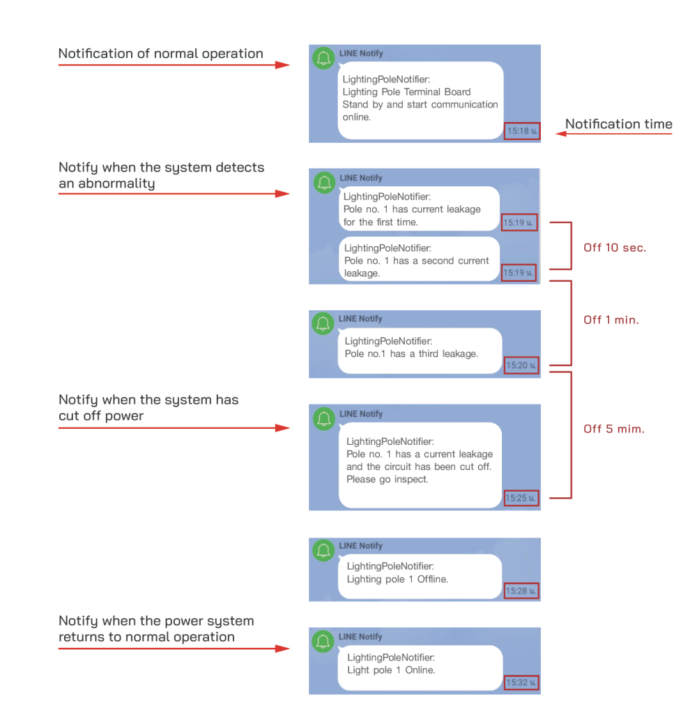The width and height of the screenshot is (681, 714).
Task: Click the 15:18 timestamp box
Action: click(x=522, y=131)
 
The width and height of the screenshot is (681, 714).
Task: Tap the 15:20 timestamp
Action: click(x=521, y=365)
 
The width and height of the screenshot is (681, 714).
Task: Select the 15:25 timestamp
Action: click(x=521, y=498)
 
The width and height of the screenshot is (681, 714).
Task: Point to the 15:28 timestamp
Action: click(x=521, y=591)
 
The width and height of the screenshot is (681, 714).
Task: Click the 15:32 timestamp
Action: click(x=521, y=682)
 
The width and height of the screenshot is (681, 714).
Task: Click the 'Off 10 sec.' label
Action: click(x=615, y=248)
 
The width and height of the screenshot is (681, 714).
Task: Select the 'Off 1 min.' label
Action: click(x=611, y=319)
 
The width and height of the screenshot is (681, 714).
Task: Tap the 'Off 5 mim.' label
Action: click(x=613, y=429)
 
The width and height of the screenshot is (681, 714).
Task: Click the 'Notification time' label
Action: click(x=619, y=124)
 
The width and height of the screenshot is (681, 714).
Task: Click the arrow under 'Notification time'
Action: click(x=614, y=134)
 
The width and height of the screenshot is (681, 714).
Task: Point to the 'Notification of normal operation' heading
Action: click(x=161, y=54)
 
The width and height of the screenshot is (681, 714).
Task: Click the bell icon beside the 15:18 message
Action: click(x=323, y=59)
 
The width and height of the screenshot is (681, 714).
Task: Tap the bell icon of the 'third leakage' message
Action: click(x=323, y=324)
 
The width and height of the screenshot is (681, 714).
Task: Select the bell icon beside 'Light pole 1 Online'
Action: click(x=323, y=641)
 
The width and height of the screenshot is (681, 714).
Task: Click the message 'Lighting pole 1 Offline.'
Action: click(x=397, y=579)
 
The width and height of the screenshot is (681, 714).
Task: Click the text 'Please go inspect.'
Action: click(x=388, y=479)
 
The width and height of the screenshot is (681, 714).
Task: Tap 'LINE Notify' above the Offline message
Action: click(x=360, y=545)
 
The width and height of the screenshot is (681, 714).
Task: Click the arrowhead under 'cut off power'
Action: click(x=283, y=428)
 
